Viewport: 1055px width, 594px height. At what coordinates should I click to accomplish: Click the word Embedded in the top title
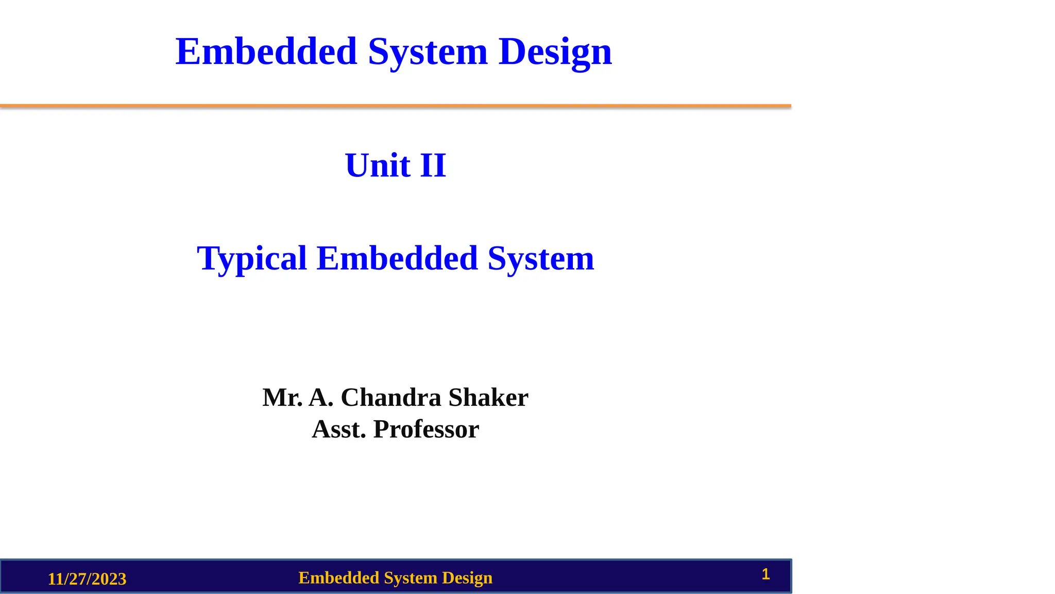pos(266,52)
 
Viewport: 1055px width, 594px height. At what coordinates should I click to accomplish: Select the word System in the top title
pos(428,53)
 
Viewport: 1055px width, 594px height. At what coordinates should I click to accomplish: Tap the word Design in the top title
pos(555,53)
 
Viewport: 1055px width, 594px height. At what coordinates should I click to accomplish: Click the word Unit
pos(378,166)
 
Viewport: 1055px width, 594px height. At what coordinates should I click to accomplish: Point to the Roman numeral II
pos(433,166)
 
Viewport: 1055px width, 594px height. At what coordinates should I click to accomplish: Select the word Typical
pos(252,258)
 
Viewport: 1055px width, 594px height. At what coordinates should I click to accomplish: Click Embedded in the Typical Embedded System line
pos(397,258)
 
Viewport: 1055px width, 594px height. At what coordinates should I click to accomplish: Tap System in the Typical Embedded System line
pos(541,258)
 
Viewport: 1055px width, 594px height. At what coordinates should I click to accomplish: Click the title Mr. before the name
pos(282,398)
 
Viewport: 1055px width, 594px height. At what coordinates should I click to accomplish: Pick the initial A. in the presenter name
pos(321,398)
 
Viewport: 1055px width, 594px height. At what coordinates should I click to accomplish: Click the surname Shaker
pos(488,398)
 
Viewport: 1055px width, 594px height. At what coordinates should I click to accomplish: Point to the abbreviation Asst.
pos(339,429)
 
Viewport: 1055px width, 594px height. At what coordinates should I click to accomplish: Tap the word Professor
pos(426,429)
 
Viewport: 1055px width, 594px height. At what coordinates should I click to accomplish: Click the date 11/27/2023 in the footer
pos(87,579)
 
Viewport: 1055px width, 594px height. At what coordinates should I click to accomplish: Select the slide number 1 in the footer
pos(765,574)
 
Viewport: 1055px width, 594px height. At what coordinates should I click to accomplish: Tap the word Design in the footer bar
pos(467,578)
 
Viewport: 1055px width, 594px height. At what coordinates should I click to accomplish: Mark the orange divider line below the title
pos(396,106)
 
